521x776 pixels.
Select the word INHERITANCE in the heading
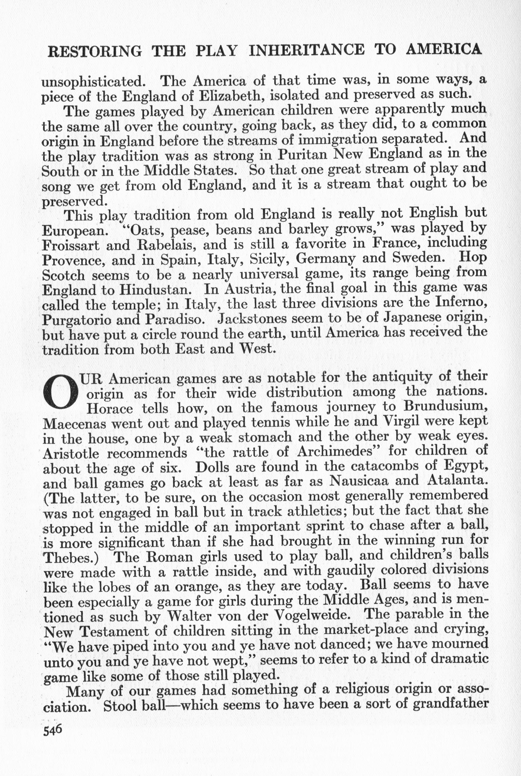306,50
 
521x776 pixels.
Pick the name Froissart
71,245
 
